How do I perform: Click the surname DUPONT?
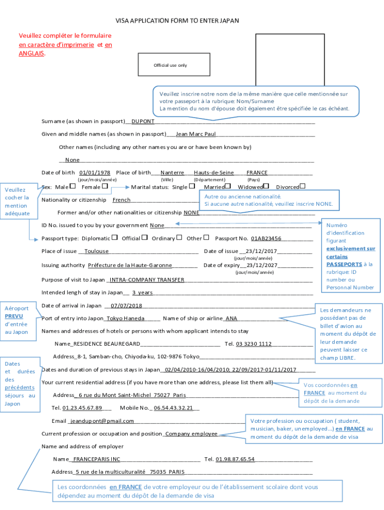[143, 121]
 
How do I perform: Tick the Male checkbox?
[73, 186]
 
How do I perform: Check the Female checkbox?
[105, 186]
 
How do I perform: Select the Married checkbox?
[228, 186]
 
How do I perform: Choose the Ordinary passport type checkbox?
[179, 238]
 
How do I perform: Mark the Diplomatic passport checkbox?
[115, 238]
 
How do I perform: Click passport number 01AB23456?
[266, 239]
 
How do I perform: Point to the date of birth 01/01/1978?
[94, 173]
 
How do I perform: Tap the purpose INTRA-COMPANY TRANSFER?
[147, 280]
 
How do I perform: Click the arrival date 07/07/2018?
[126, 306]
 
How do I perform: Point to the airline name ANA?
[231, 319]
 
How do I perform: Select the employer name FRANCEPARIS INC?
[97, 459]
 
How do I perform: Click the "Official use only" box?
[171, 65]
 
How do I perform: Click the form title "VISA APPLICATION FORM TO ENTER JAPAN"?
[178, 21]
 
